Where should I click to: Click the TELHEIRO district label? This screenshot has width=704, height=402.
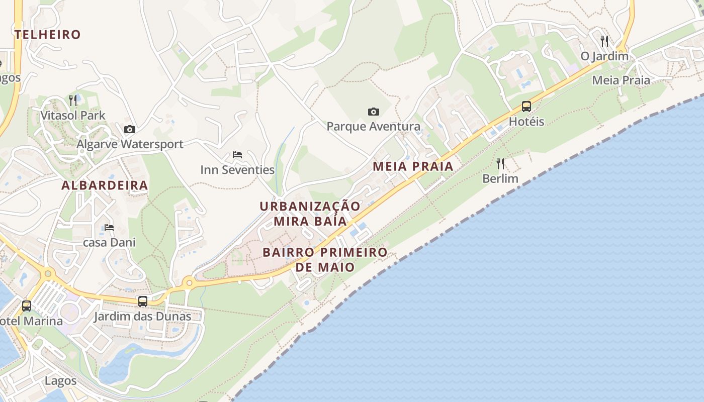tap(48, 35)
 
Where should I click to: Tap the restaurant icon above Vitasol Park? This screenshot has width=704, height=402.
tap(73, 100)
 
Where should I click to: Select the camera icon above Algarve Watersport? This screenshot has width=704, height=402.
tap(130, 129)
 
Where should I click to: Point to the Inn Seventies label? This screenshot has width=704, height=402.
tap(237, 170)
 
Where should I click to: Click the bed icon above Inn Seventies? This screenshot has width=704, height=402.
tap(237, 155)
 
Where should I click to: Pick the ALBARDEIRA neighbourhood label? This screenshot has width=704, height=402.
tap(105, 185)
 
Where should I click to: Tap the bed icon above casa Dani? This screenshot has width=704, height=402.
tap(109, 228)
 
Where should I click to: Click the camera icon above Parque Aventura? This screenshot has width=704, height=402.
tap(373, 112)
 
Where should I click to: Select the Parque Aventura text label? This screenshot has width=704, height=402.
tap(373, 127)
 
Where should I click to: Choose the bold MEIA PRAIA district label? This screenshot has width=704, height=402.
tap(413, 166)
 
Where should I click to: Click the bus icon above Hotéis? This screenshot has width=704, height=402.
tap(526, 107)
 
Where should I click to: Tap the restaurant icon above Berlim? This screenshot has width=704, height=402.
tap(500, 163)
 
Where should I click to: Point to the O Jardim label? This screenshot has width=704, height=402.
tap(604, 56)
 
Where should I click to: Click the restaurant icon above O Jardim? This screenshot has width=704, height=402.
tap(604, 41)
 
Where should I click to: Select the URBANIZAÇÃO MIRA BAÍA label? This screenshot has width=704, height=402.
tap(310, 214)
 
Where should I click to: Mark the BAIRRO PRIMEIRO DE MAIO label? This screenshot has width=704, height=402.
tap(325, 259)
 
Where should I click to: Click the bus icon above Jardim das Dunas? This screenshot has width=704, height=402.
tap(143, 301)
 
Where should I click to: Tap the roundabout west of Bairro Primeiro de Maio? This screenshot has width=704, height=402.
tap(189, 283)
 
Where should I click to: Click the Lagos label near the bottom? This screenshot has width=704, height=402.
tap(60, 380)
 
